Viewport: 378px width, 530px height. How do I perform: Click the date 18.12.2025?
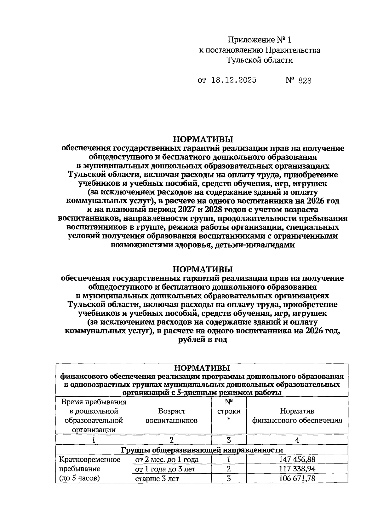[x=234, y=80]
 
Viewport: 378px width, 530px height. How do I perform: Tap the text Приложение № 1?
[x=260, y=40]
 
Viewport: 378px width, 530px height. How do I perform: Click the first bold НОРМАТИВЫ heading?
[x=203, y=139]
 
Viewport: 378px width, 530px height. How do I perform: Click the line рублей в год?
[x=203, y=340]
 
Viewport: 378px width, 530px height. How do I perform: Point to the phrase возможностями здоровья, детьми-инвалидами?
[x=203, y=245]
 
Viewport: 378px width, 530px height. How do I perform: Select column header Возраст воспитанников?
[x=172, y=416]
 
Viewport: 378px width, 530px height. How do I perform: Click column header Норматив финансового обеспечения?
[x=297, y=416]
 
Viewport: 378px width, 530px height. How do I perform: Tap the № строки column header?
[x=229, y=411]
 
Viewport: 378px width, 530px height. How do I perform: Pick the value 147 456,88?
[x=297, y=459]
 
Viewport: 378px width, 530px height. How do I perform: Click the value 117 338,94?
[x=297, y=469]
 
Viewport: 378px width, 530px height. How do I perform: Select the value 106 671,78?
[x=297, y=479]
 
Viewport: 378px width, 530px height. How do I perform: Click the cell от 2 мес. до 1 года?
[x=167, y=459]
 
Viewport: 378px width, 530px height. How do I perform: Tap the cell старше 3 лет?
[x=157, y=479]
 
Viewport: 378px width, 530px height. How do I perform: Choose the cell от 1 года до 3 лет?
[x=165, y=469]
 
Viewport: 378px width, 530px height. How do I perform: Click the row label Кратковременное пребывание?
[x=90, y=469]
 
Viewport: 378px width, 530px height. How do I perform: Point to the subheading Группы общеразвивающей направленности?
[x=202, y=450]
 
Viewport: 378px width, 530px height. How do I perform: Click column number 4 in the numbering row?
[x=297, y=440]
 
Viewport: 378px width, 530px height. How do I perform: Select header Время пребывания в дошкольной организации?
[x=94, y=416]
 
